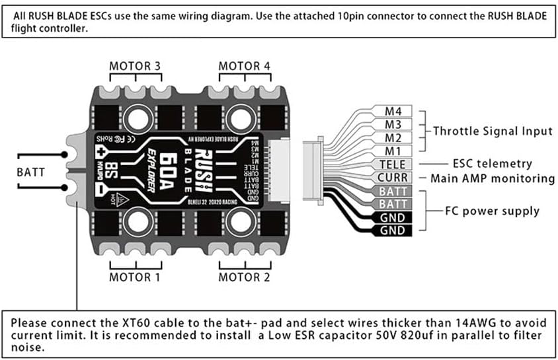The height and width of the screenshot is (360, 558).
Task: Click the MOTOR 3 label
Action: coord(135,66)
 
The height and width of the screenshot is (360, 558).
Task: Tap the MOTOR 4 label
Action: coord(244,66)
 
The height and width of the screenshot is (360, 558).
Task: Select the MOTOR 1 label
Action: coord(135,277)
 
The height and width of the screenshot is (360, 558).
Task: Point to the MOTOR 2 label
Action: coord(244,277)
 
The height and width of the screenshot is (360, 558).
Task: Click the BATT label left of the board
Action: coord(30,172)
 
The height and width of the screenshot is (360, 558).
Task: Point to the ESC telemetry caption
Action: coord(492,164)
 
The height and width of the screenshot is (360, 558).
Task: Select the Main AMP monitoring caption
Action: coord(493,178)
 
